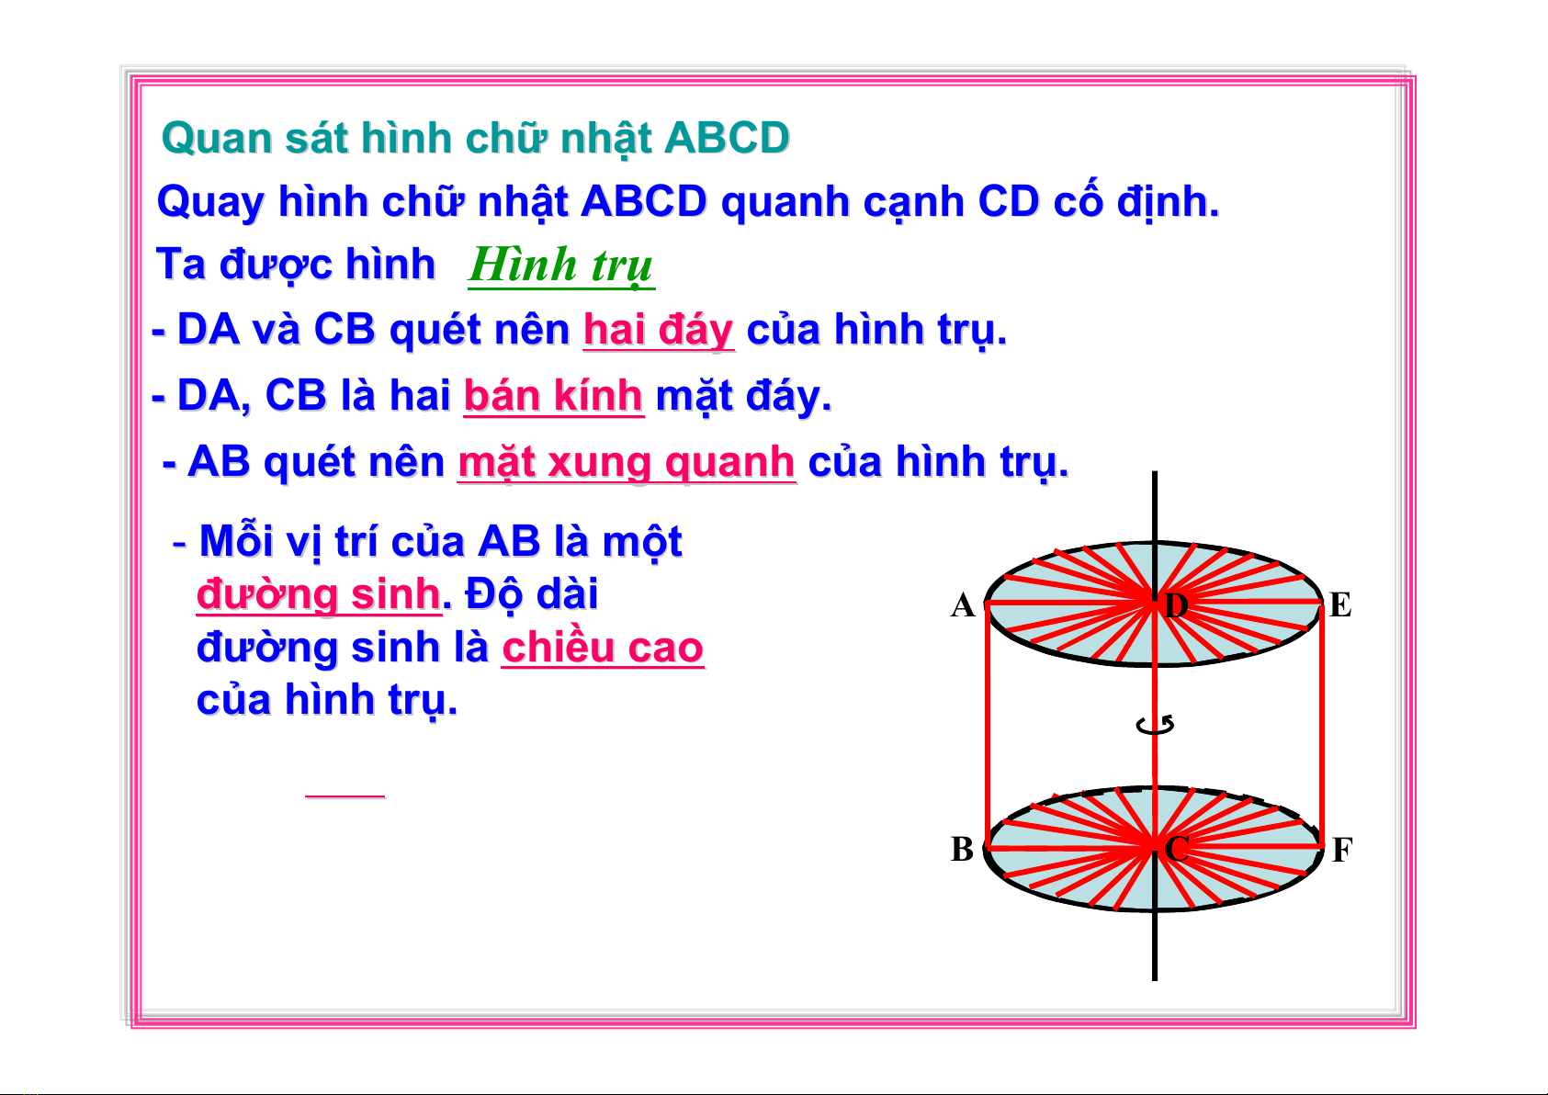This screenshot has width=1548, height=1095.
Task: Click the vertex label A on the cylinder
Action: tap(963, 605)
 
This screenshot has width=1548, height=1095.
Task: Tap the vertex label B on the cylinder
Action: tap(962, 849)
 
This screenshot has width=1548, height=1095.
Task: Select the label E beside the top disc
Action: tap(1340, 604)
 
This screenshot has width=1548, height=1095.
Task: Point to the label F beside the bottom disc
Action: tap(1341, 850)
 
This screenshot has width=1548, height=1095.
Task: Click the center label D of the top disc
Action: tap(1176, 605)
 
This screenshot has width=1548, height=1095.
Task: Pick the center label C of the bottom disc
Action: tap(1176, 849)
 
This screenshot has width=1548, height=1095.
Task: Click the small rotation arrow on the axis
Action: tap(1155, 725)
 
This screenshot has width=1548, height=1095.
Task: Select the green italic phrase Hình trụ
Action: tap(560, 265)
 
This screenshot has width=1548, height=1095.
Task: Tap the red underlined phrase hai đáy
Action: tap(658, 330)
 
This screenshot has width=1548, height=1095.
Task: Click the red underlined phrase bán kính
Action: tap(553, 396)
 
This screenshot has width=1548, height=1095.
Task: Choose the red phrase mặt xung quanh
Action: tap(627, 462)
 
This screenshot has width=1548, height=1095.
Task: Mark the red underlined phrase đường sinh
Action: tap(319, 595)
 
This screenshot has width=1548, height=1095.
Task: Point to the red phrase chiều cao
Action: tap(603, 648)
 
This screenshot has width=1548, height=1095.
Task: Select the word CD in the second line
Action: tap(1009, 202)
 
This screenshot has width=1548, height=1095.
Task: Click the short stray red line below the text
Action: tap(345, 796)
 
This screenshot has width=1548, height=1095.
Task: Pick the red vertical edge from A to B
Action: tap(987, 725)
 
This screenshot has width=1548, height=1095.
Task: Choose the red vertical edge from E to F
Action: tap(1321, 725)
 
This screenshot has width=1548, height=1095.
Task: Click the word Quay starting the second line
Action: tap(210, 203)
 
